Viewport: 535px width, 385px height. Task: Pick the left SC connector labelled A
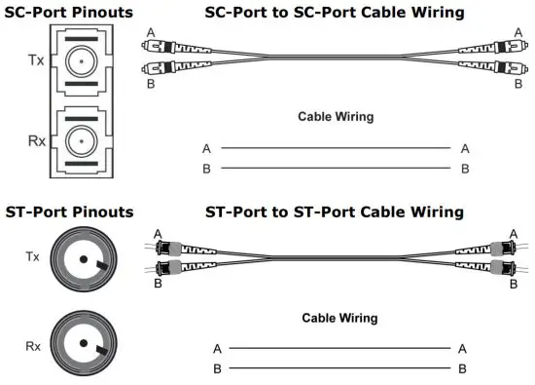point(161,47)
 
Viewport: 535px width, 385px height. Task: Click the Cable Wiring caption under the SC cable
point(335,117)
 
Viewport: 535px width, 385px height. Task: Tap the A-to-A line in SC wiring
point(335,148)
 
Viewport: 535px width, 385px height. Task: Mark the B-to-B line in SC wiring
point(335,169)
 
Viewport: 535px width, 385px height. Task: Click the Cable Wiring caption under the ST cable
point(339,318)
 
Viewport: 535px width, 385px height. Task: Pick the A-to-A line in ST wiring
point(339,348)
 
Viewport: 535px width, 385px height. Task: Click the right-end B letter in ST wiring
point(462,368)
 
